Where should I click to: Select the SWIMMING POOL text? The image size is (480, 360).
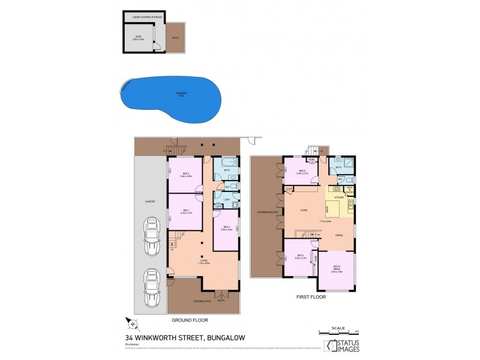click(181, 94)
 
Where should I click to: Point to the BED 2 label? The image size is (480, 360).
click(185, 174)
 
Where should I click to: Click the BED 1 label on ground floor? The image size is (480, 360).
click(185, 211)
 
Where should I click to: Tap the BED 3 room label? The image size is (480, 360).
click(226, 227)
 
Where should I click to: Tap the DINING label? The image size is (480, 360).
click(340, 235)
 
